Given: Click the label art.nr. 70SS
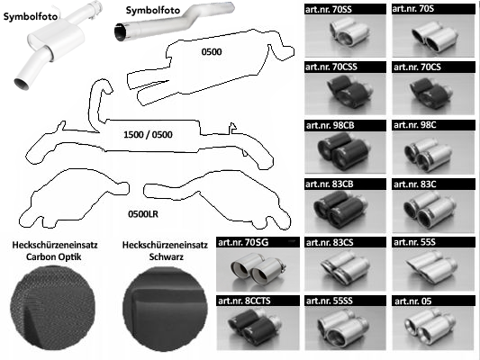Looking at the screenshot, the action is click(x=329, y=10).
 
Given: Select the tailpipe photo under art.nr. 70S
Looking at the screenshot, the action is click(x=433, y=36).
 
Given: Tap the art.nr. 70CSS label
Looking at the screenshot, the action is click(x=331, y=67).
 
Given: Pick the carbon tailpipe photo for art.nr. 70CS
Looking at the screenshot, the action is click(x=433, y=94).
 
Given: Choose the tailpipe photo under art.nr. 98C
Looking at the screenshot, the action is click(x=433, y=153).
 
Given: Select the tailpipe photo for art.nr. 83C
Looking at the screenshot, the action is click(x=433, y=211).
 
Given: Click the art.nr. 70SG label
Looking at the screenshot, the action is click(x=243, y=242).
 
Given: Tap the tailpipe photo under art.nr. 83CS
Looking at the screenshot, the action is click(x=345, y=269).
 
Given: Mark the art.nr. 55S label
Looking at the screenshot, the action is click(x=414, y=242).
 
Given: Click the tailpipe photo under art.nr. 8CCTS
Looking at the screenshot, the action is click(x=258, y=328).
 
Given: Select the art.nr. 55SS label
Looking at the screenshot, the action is click(x=330, y=301).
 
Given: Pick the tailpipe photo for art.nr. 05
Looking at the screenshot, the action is click(x=433, y=328).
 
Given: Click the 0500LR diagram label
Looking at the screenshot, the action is click(x=143, y=214).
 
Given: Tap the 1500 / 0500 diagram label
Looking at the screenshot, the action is click(x=148, y=135).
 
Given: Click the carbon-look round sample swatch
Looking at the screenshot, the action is click(x=52, y=308).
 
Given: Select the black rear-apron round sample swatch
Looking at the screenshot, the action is click(x=165, y=309).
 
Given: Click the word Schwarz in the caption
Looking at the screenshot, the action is click(x=167, y=256).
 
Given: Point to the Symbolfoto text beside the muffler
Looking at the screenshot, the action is click(x=31, y=16).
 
